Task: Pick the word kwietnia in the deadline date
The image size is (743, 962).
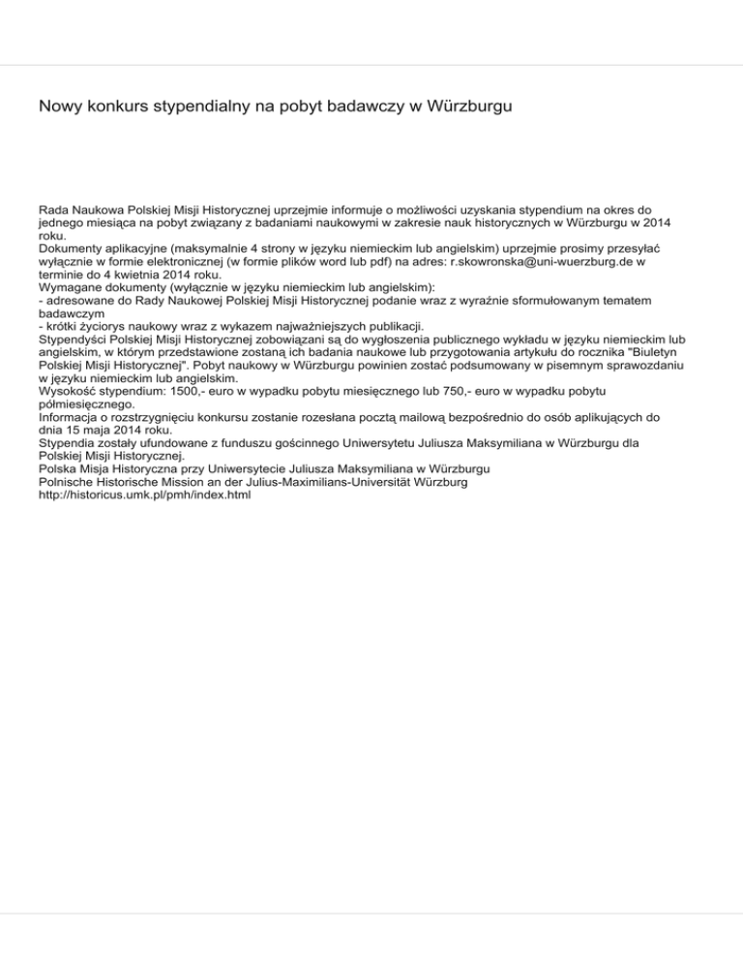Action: tap(123, 274)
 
